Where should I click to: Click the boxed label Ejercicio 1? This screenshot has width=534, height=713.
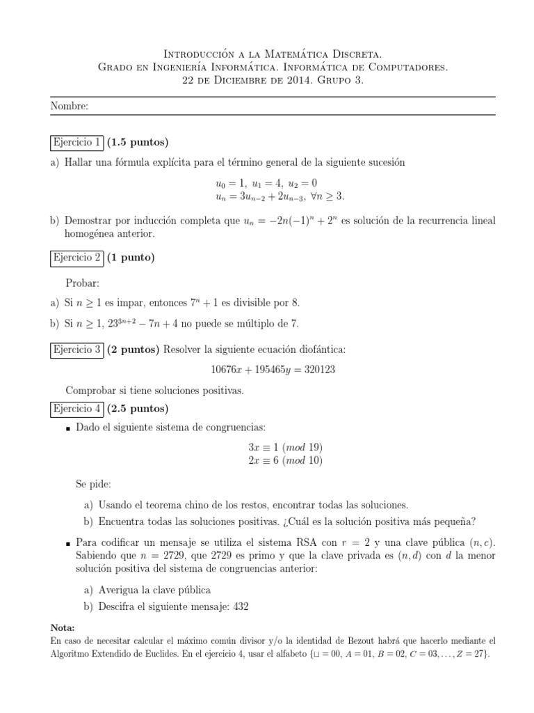(x=78, y=143)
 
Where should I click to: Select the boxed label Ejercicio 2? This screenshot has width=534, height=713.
(x=78, y=258)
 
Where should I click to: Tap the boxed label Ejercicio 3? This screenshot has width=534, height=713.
(x=78, y=349)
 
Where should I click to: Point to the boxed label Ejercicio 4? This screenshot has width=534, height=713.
(x=78, y=408)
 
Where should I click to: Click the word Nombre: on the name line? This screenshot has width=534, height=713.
(x=70, y=107)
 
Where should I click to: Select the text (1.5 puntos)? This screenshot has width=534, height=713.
(x=138, y=143)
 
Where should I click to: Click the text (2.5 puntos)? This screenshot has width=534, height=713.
(x=138, y=408)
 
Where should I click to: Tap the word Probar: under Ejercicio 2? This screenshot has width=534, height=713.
(x=82, y=283)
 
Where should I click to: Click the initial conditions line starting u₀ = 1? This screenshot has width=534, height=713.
(x=266, y=183)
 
